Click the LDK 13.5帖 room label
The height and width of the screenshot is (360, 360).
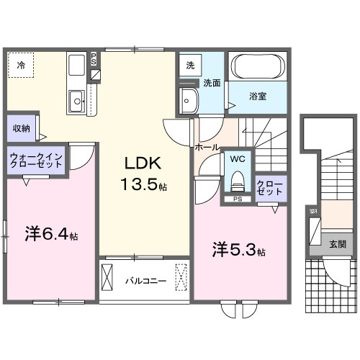(143, 173)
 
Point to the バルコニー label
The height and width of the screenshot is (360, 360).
(145, 279)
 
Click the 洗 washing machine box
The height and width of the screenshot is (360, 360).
(190, 66)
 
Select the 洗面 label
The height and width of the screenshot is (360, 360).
(210, 82)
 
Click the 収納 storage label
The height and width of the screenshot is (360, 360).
(21, 128)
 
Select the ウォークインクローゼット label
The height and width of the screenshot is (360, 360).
(36, 159)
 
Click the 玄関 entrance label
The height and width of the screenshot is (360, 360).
(337, 244)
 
